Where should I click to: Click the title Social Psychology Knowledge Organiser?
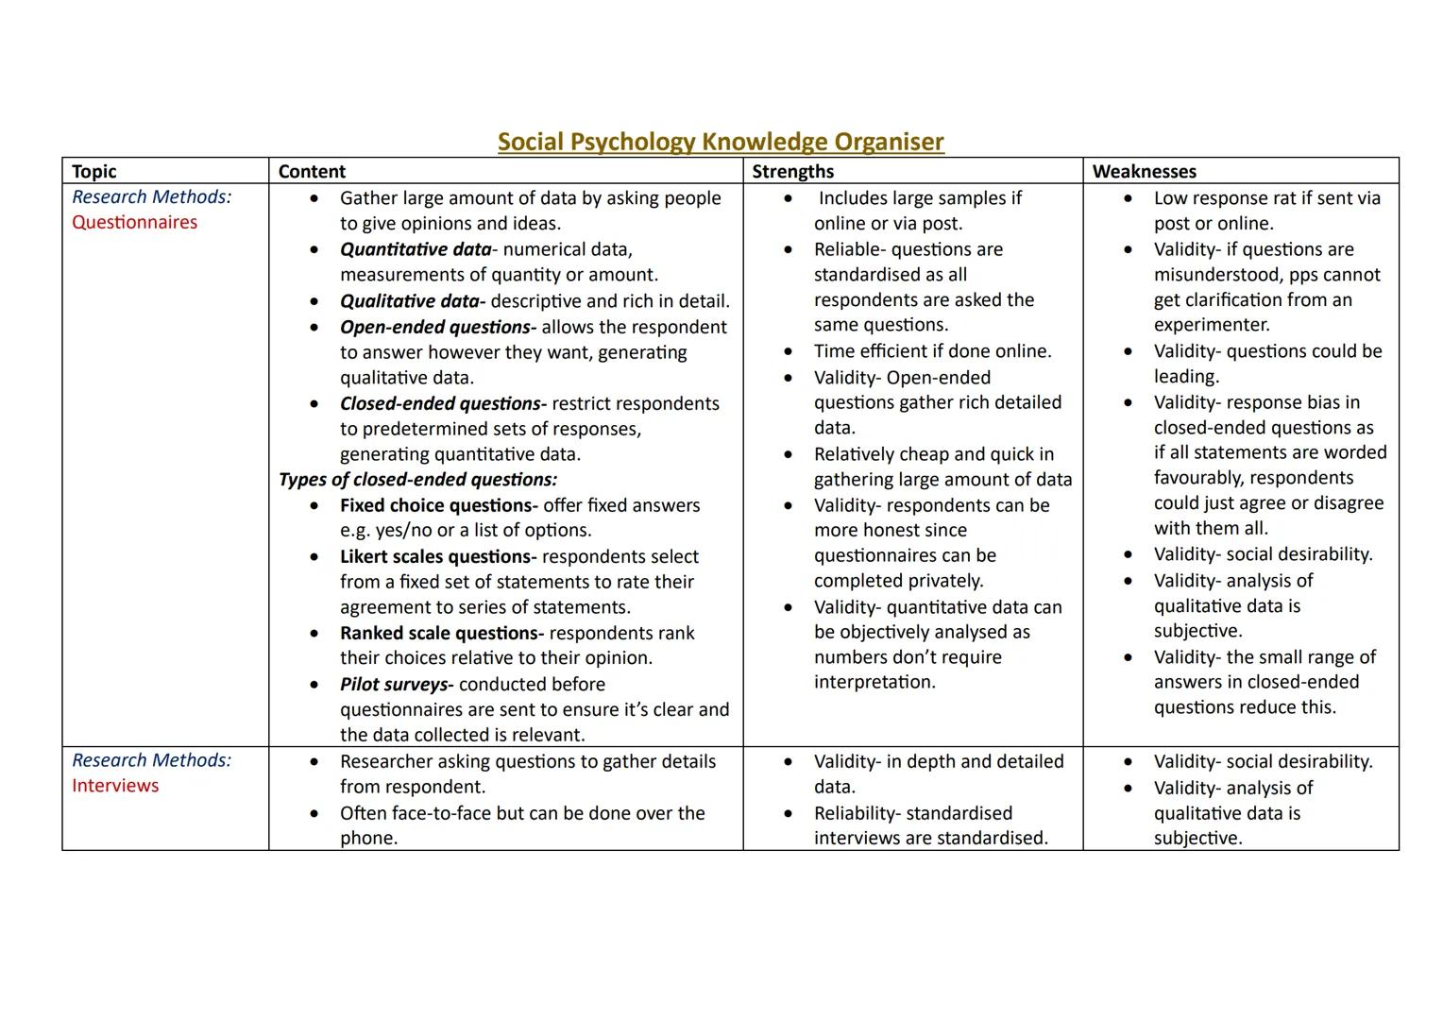(x=721, y=142)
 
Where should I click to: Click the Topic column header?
(x=93, y=171)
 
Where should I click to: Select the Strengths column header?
(x=792, y=171)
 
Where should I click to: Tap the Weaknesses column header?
(x=1144, y=171)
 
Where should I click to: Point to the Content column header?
(x=312, y=171)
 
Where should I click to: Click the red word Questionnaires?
(x=134, y=222)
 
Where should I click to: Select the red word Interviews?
(x=115, y=785)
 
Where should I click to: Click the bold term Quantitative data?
(x=416, y=249)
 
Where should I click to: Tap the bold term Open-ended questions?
(x=437, y=327)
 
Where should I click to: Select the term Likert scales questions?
(x=437, y=556)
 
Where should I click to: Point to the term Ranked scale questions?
(x=441, y=633)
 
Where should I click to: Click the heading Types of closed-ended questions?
(x=417, y=479)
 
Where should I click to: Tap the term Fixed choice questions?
(x=438, y=505)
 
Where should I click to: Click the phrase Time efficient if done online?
(x=932, y=351)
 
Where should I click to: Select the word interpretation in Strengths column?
(x=874, y=682)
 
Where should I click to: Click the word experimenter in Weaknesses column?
(x=1211, y=325)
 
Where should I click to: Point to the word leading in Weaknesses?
(x=1185, y=376)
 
